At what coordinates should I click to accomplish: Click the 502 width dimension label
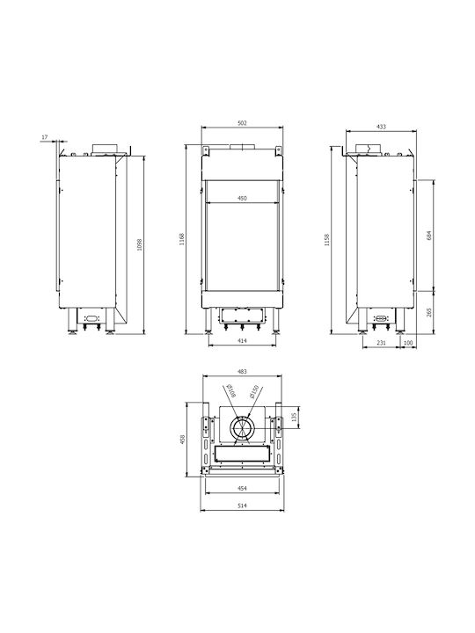242,123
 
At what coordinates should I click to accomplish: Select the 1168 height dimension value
182,238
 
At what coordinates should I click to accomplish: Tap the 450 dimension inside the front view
242,198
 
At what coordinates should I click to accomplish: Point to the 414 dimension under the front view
242,341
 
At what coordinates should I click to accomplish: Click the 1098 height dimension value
140,244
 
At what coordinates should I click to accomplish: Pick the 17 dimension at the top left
45,137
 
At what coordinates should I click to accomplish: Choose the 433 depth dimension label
381,127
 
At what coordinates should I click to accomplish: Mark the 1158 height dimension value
327,239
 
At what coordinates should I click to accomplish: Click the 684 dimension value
429,236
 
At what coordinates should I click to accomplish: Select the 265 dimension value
429,312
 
